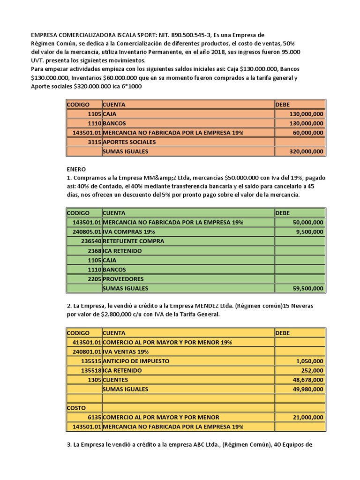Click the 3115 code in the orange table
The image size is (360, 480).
[93, 142]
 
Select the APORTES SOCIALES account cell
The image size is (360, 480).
[129, 142]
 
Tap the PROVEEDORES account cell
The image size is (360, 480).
[123, 278]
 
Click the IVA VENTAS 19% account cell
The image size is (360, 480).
[126, 352]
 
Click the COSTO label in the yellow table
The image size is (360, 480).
[76, 408]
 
